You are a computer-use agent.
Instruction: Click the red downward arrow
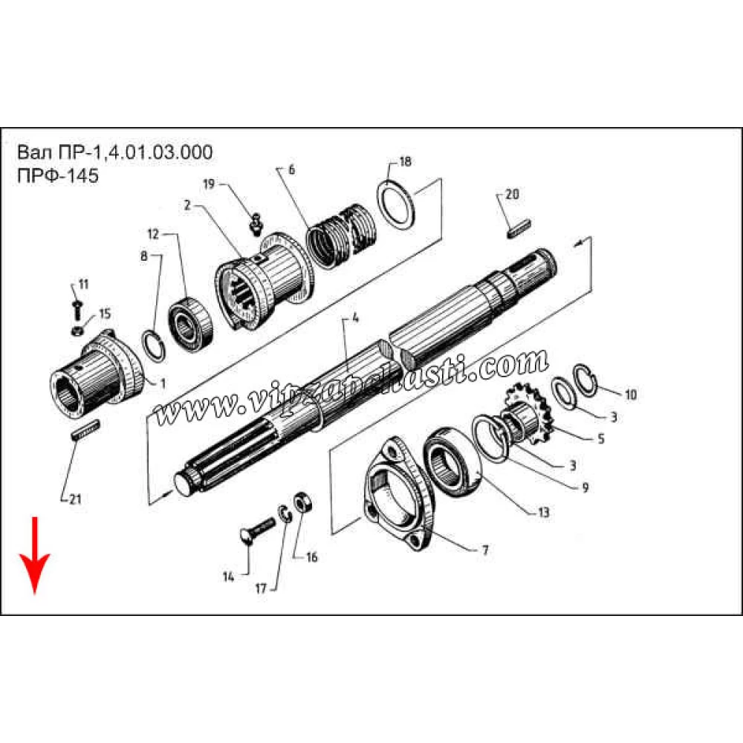point(34,554)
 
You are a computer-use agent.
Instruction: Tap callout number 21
point(75,499)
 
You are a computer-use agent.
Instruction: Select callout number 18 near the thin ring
point(405,161)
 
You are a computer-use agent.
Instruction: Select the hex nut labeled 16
point(302,502)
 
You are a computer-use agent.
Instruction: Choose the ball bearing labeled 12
point(190,324)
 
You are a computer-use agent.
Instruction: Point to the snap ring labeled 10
point(585,377)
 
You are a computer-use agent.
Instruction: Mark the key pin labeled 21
point(85,429)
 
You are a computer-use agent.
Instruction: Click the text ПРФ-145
point(58,175)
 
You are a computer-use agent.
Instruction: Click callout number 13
point(544,512)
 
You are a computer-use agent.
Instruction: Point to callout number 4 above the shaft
point(355,318)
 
